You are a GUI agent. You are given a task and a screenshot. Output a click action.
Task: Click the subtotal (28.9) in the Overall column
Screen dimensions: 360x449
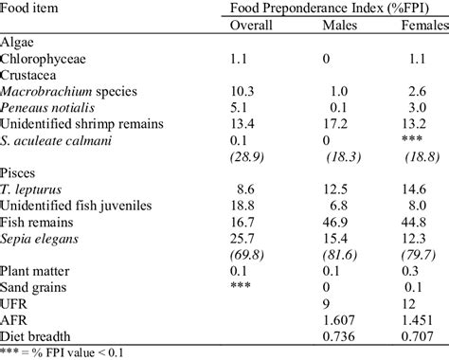251,157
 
